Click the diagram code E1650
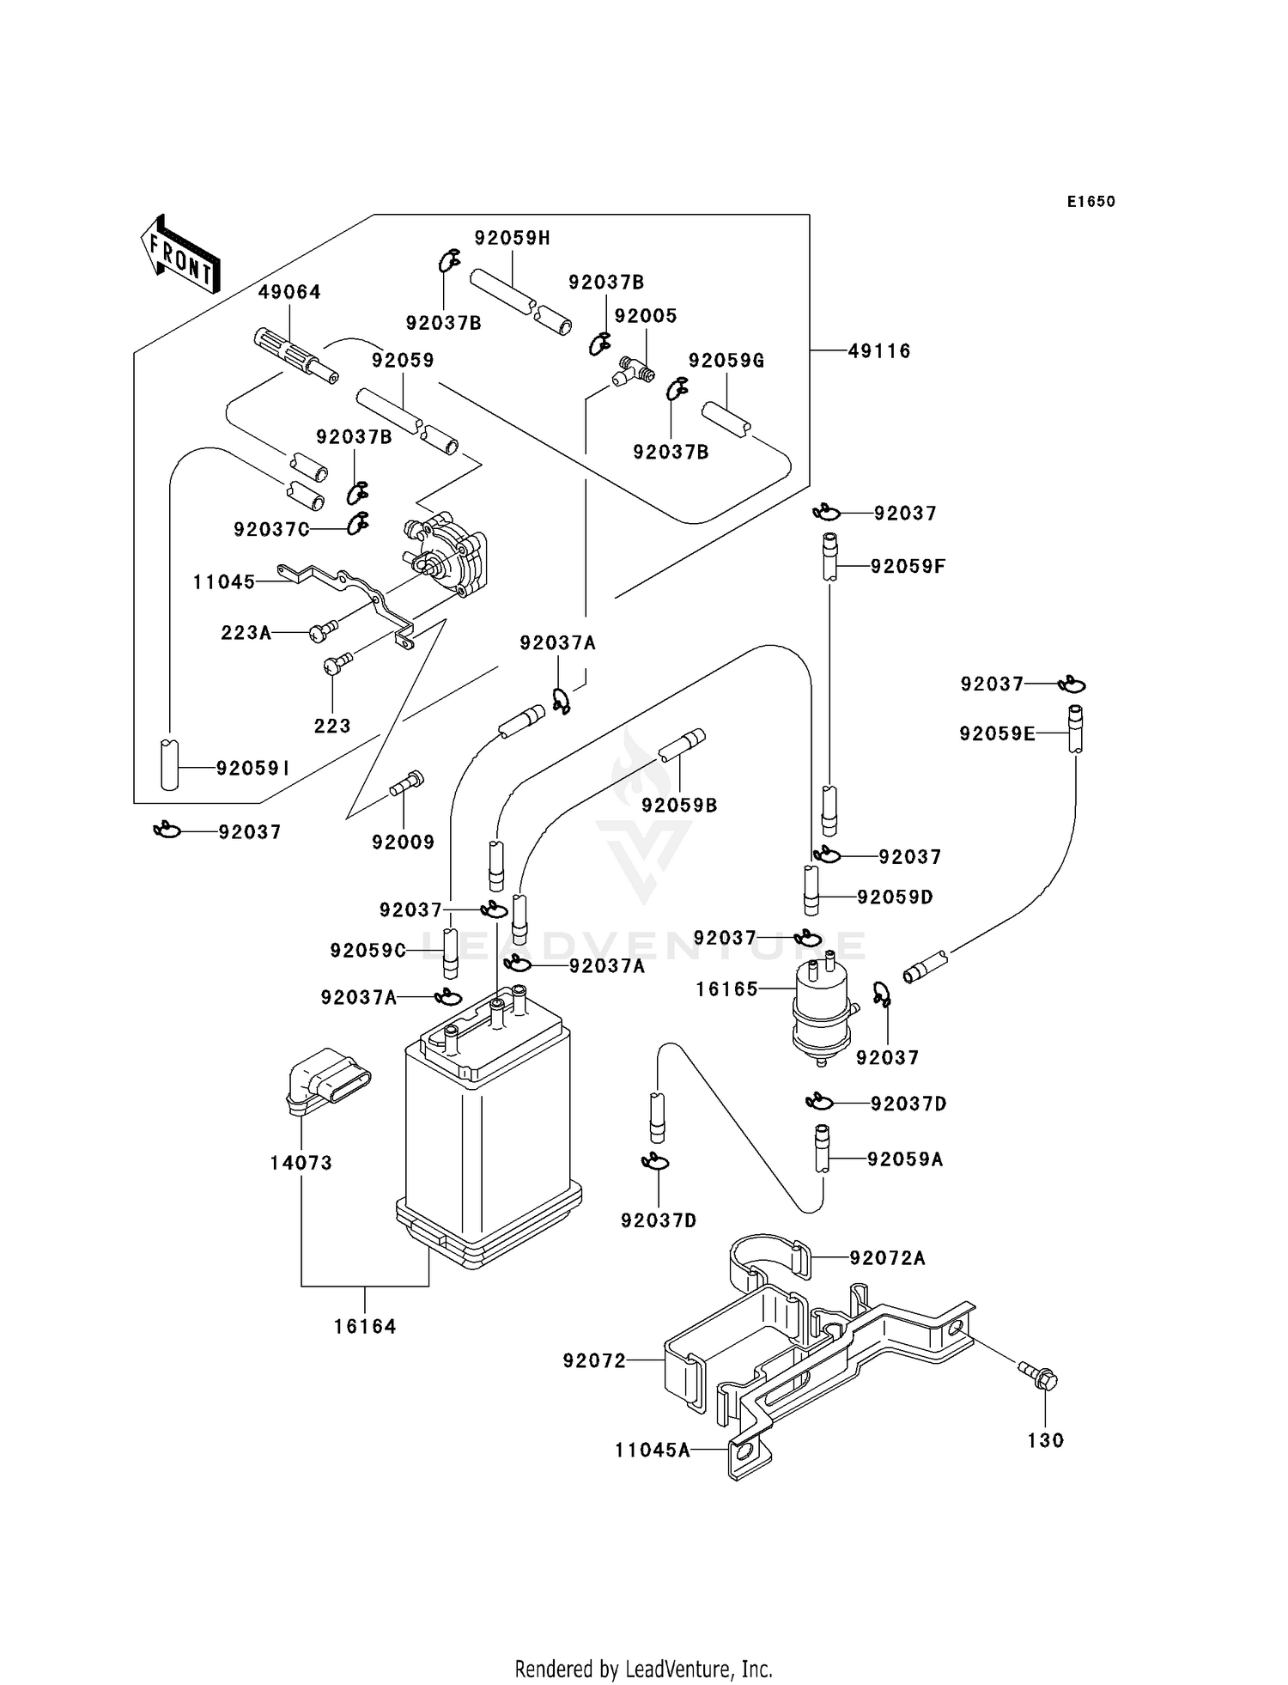click(1091, 202)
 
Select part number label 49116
click(879, 350)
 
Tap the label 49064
click(289, 292)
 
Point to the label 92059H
click(512, 238)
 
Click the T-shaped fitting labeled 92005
click(633, 373)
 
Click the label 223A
click(246, 633)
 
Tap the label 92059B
click(679, 806)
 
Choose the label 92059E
click(996, 733)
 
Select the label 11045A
click(652, 1451)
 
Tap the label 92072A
click(887, 1258)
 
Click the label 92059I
click(252, 769)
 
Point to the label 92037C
click(270, 530)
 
